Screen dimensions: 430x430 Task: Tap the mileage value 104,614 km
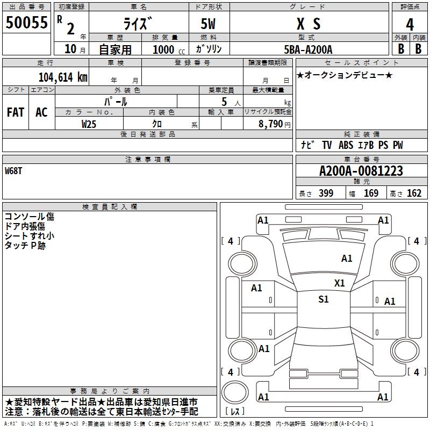62,77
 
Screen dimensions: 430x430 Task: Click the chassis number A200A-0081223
361,171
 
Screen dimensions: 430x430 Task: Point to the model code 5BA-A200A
308,49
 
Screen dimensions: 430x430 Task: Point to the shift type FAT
15,112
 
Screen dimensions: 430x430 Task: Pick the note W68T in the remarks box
14,170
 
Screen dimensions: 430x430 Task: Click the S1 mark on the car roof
323,299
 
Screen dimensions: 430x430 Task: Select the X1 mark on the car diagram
339,283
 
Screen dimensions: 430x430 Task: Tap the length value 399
326,193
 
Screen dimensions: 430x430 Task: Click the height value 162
414,193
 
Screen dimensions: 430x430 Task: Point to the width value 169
371,193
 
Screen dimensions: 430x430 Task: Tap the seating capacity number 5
223,102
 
